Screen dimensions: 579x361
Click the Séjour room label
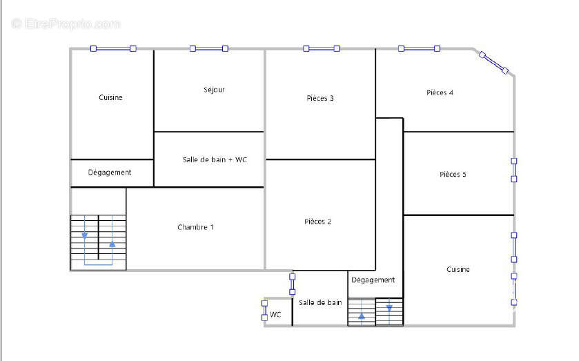pos(214,90)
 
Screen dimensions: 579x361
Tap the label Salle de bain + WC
pos(215,159)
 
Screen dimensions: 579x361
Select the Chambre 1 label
pos(196,227)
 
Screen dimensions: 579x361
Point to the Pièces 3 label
pos(320,98)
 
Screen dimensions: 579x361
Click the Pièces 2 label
pos(318,222)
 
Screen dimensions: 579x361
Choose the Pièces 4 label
pos(440,92)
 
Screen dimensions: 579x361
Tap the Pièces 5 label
pos(453,175)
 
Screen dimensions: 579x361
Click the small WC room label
pos(275,315)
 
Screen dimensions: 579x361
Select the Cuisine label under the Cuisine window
pos(110,97)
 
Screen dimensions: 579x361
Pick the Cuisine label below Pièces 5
pos(458,269)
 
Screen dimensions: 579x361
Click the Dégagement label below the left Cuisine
pos(110,172)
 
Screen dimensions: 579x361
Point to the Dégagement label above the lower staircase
pos(373,280)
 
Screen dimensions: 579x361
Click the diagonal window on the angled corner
pos(493,63)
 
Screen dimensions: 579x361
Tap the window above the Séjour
pos(209,48)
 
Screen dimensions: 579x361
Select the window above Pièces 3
pos(322,48)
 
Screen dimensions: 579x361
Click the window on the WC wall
pos(264,311)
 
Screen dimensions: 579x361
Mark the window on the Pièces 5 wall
pos(513,170)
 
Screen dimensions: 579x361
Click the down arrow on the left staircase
pos(85,235)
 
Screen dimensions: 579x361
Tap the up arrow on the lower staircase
pos(362,316)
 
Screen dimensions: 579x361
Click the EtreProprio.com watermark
pos(66,24)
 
